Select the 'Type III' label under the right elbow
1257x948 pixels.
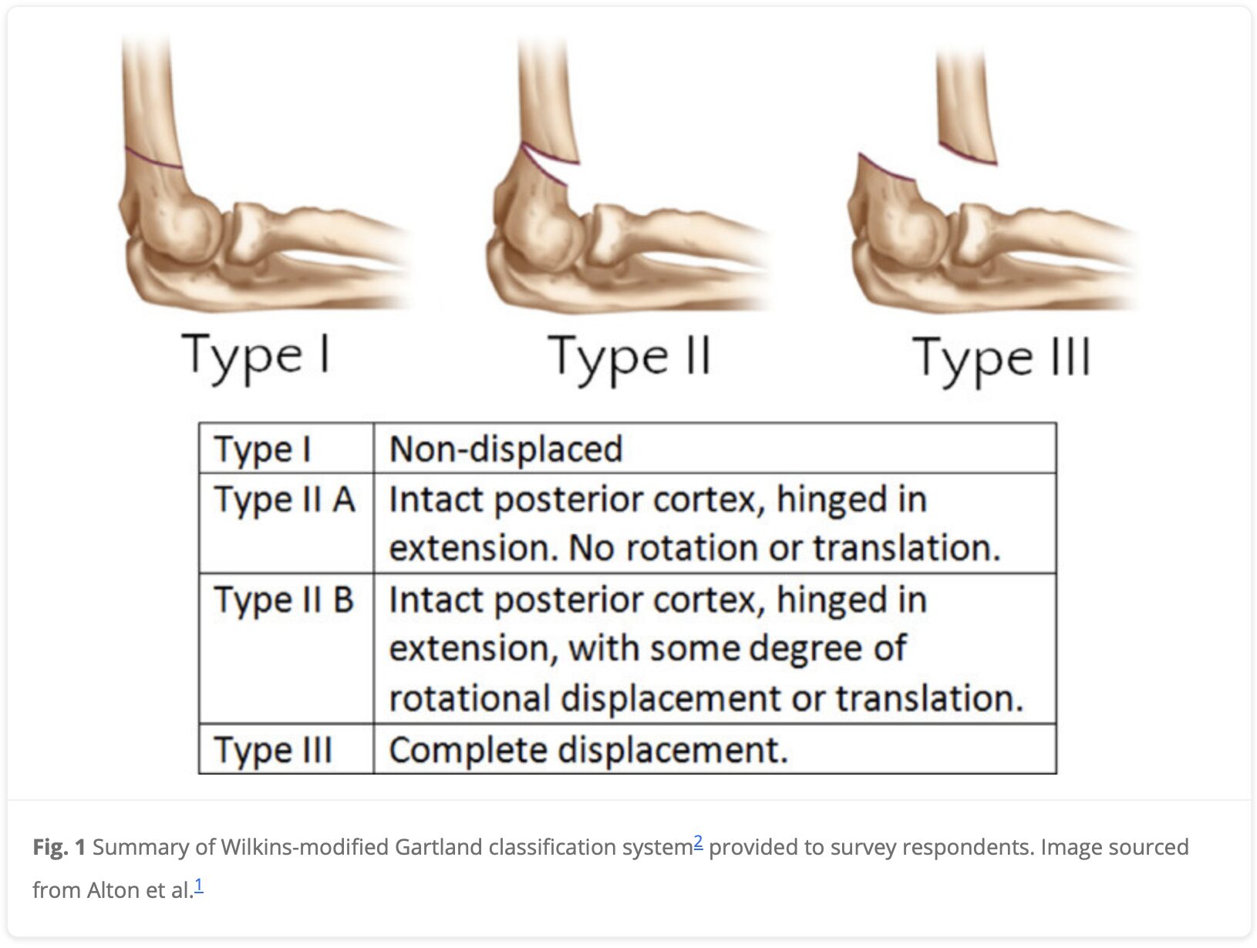[1002, 361]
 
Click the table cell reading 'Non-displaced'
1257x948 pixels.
[506, 449]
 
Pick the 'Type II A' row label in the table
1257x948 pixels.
[285, 499]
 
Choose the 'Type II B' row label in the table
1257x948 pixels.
[284, 600]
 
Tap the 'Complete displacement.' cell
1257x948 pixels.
[588, 750]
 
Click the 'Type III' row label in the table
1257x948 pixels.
[272, 750]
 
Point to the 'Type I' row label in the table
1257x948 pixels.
[262, 449]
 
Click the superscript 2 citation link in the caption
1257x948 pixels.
[698, 842]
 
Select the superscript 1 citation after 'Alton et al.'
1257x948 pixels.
[199, 886]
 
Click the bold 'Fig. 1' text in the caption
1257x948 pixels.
[59, 847]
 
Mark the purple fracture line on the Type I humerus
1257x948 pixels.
[153, 159]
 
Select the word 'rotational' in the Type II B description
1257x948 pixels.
[470, 698]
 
